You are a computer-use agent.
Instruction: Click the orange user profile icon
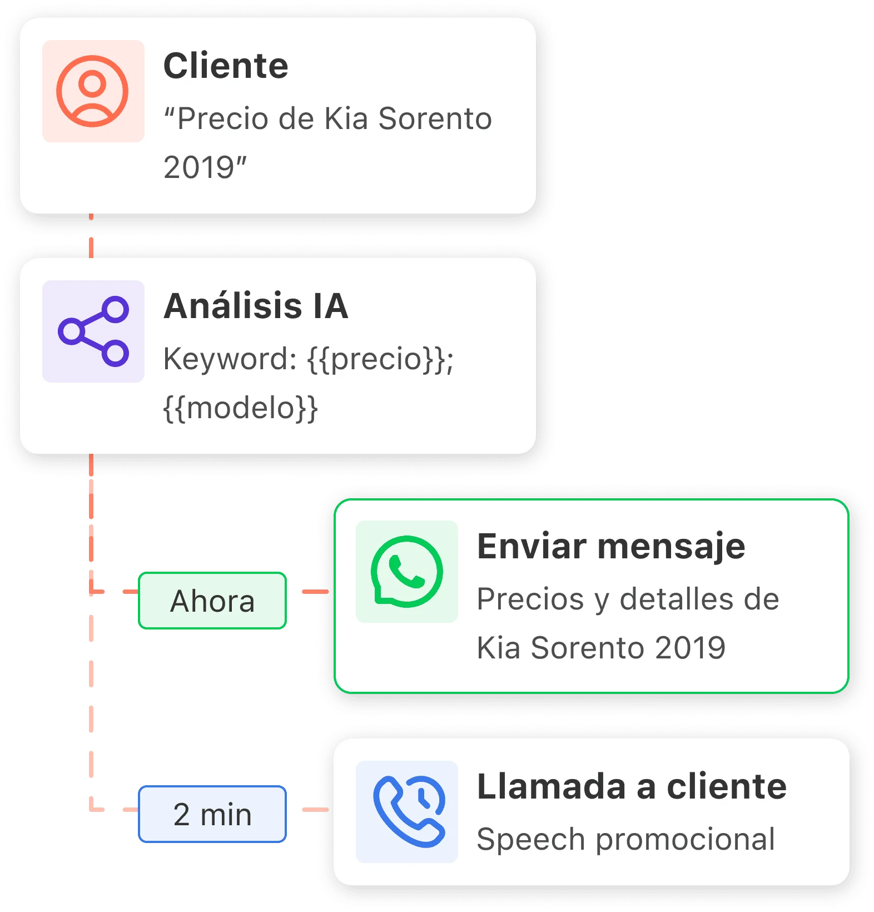(x=93, y=91)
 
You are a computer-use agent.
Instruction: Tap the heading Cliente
(x=226, y=66)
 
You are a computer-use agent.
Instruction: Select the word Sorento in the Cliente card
(x=435, y=118)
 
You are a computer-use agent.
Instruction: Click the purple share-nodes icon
(x=93, y=331)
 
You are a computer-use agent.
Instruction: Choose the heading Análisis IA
(x=256, y=306)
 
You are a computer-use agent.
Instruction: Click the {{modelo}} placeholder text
(x=240, y=408)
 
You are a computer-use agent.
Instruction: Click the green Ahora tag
(x=212, y=601)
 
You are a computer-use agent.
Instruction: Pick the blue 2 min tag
(x=212, y=814)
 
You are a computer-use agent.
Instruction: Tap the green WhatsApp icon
(x=407, y=572)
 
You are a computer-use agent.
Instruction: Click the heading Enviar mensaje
(x=611, y=546)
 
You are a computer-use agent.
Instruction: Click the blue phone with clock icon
(x=407, y=812)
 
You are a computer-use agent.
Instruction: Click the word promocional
(x=685, y=839)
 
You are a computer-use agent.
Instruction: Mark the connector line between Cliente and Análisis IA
(x=91, y=236)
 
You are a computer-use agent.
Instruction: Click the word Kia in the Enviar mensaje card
(x=498, y=648)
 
